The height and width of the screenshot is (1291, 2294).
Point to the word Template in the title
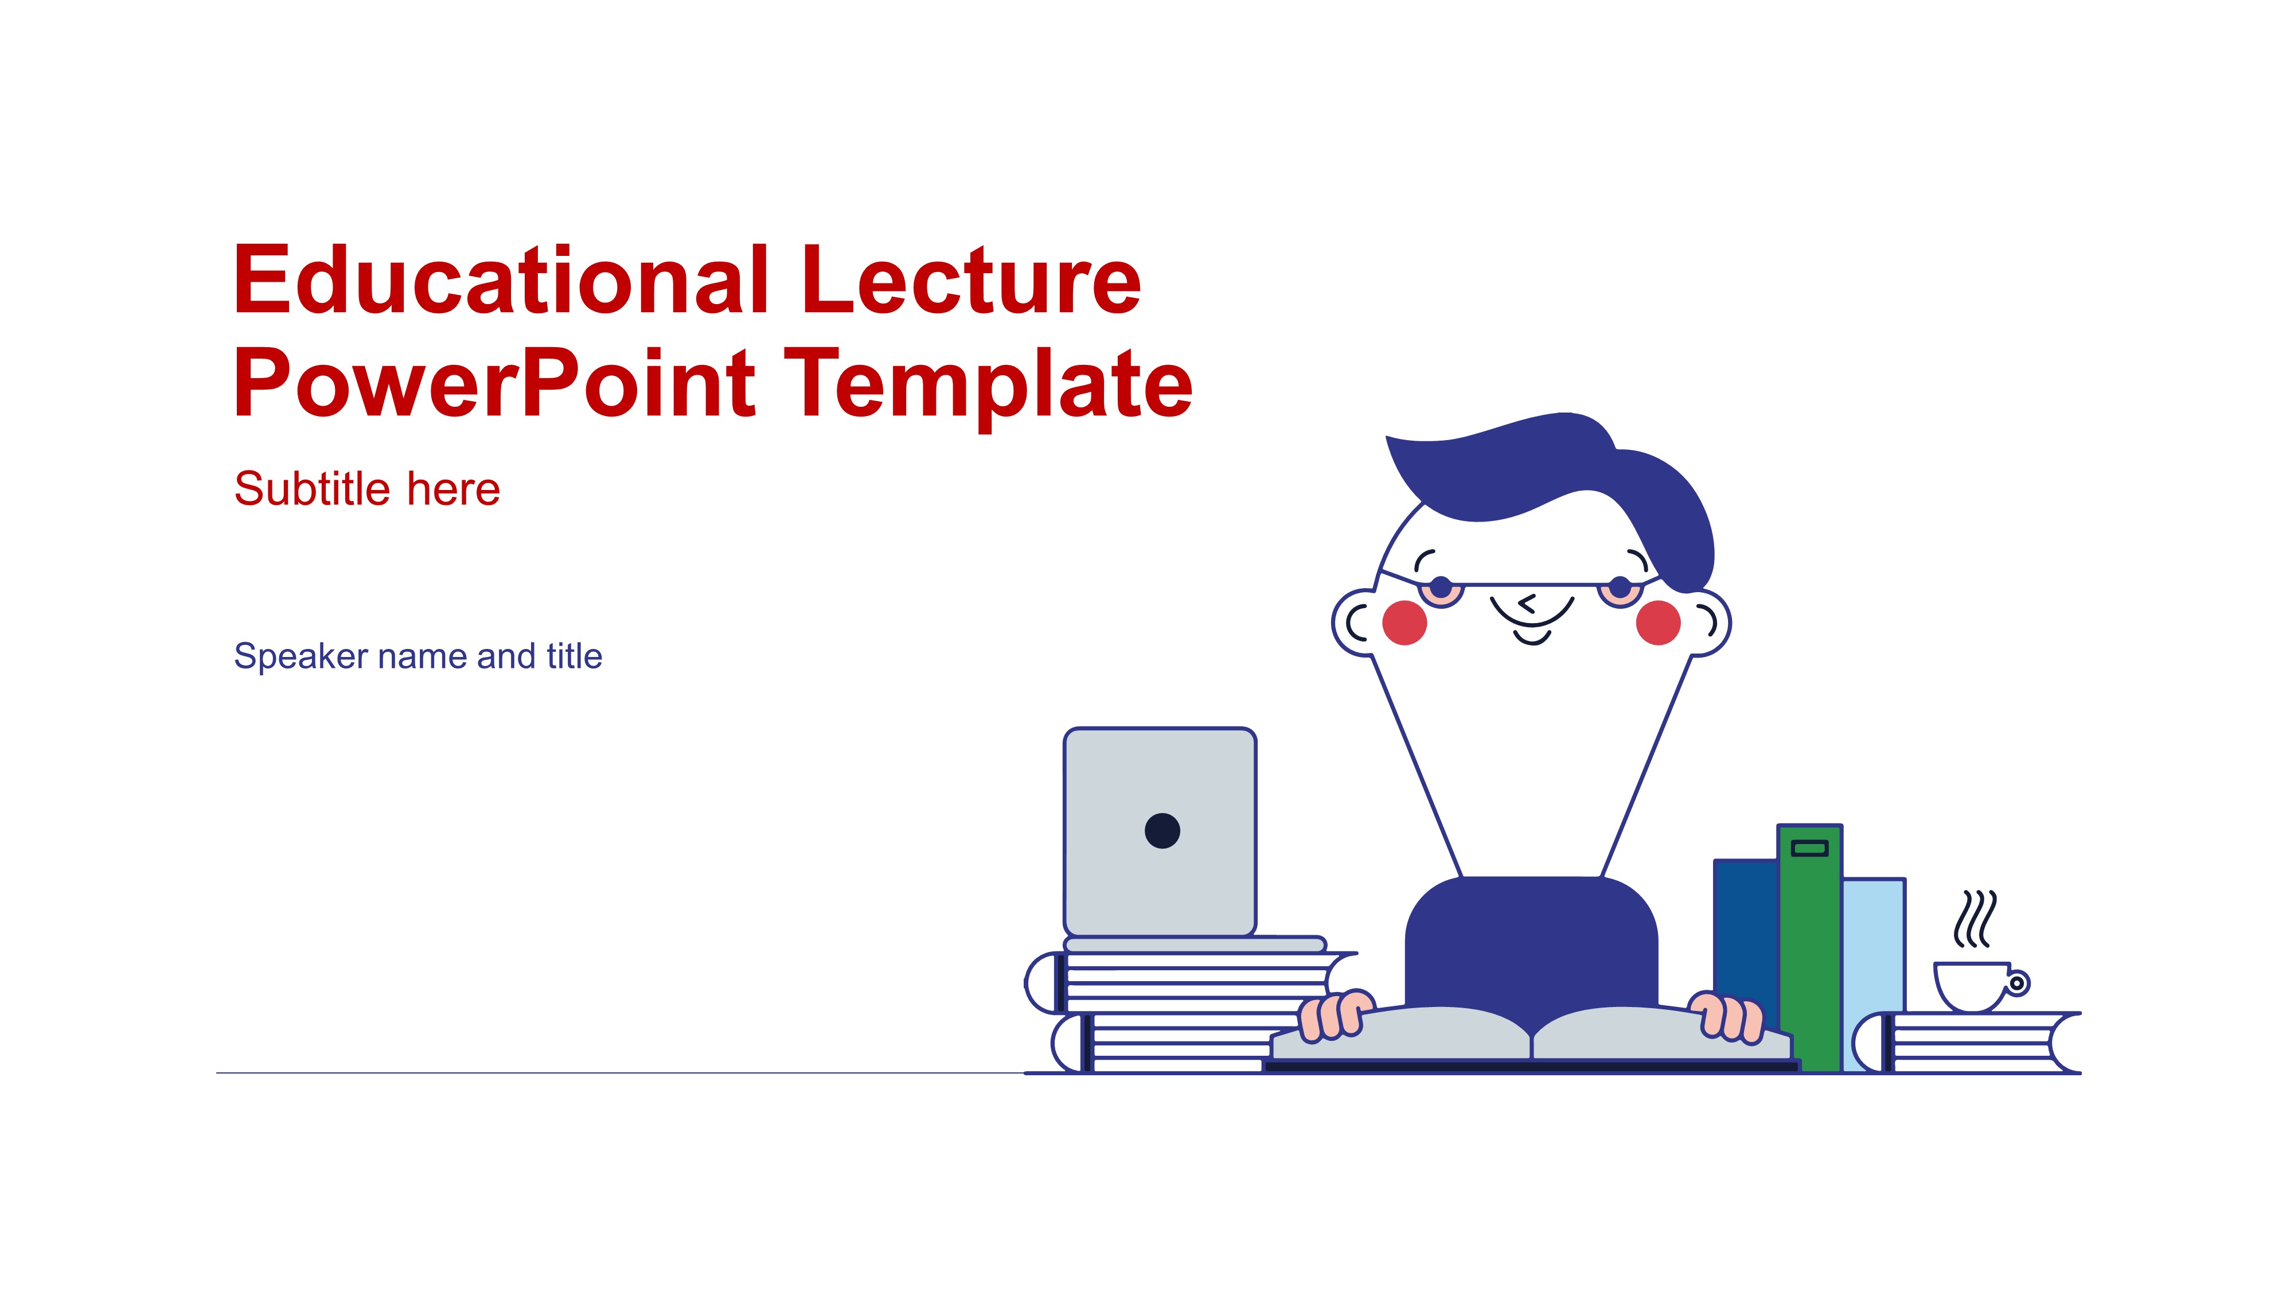(989, 385)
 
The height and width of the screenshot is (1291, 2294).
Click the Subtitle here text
(367, 489)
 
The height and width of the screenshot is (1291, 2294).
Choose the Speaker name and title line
(418, 656)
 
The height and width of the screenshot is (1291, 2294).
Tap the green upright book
(1809, 962)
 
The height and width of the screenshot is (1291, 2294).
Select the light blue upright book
(1874, 944)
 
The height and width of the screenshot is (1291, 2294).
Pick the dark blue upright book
(1745, 927)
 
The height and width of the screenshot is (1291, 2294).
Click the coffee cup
(1972, 985)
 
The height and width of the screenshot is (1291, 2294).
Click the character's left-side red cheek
(1405, 622)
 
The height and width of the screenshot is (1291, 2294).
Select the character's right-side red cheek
(1658, 622)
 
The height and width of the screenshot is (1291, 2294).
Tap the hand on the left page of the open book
(1333, 1016)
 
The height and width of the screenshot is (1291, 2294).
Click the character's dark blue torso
(1532, 944)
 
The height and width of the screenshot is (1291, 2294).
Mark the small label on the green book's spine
(1809, 847)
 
